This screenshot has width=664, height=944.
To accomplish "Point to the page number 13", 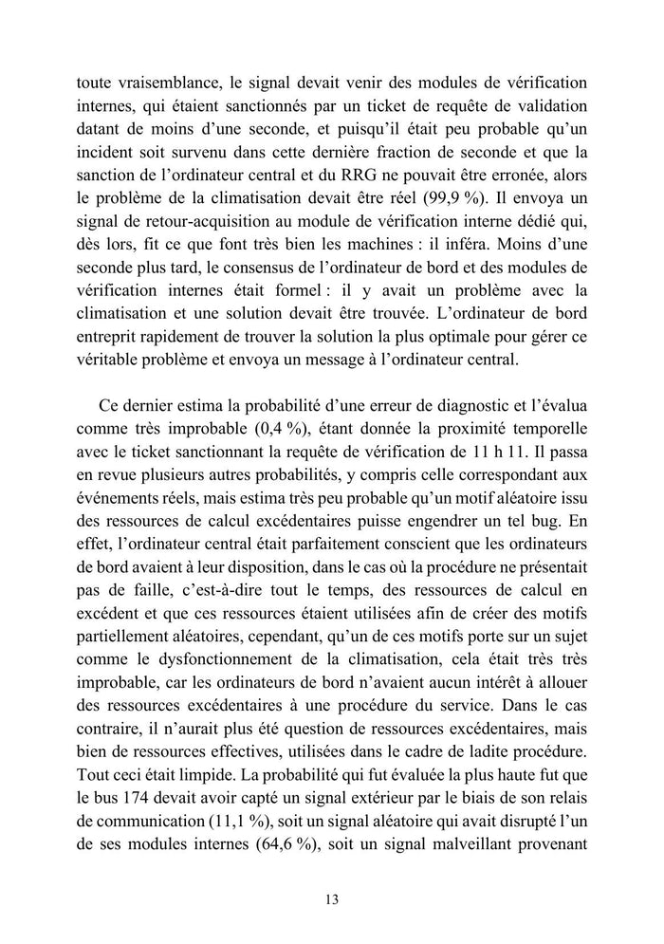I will coord(332,898).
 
